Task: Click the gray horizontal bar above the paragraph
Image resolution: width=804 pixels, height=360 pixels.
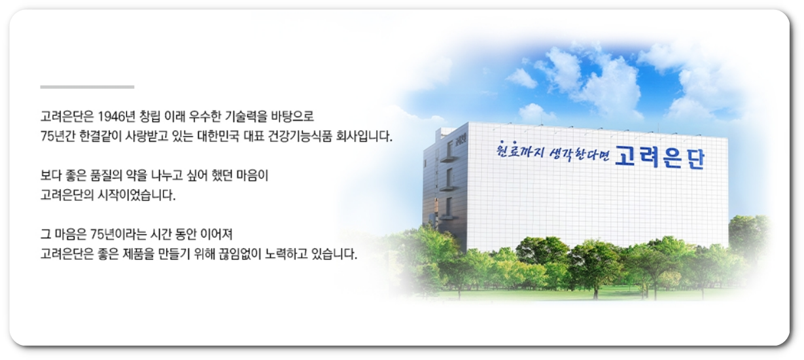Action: click(87, 86)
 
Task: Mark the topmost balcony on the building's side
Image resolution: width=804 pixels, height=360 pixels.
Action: click(448, 158)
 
